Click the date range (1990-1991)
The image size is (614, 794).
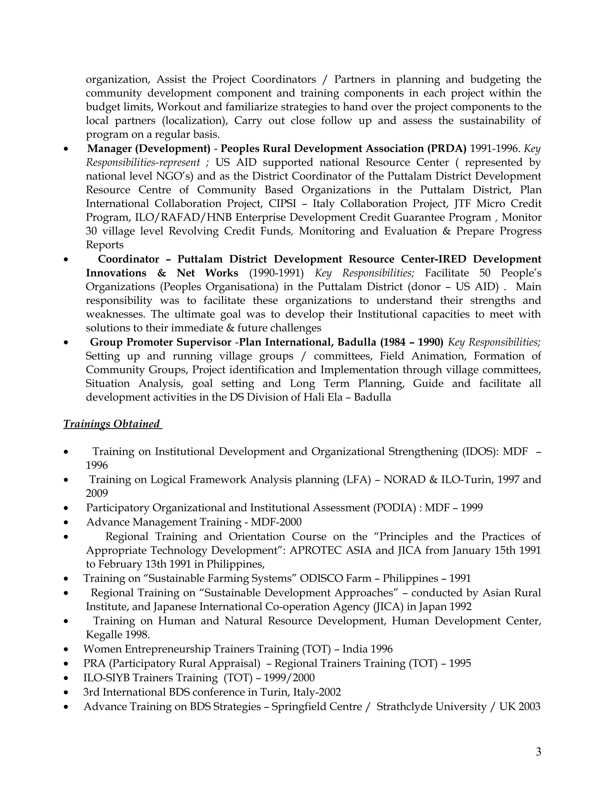pos(276,273)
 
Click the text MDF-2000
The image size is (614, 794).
pos(276,522)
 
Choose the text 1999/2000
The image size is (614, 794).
pos(289,678)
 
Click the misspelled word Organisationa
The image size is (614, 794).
pos(240,286)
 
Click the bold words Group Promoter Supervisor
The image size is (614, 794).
pos(160,342)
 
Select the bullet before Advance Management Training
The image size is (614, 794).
pos(66,523)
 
